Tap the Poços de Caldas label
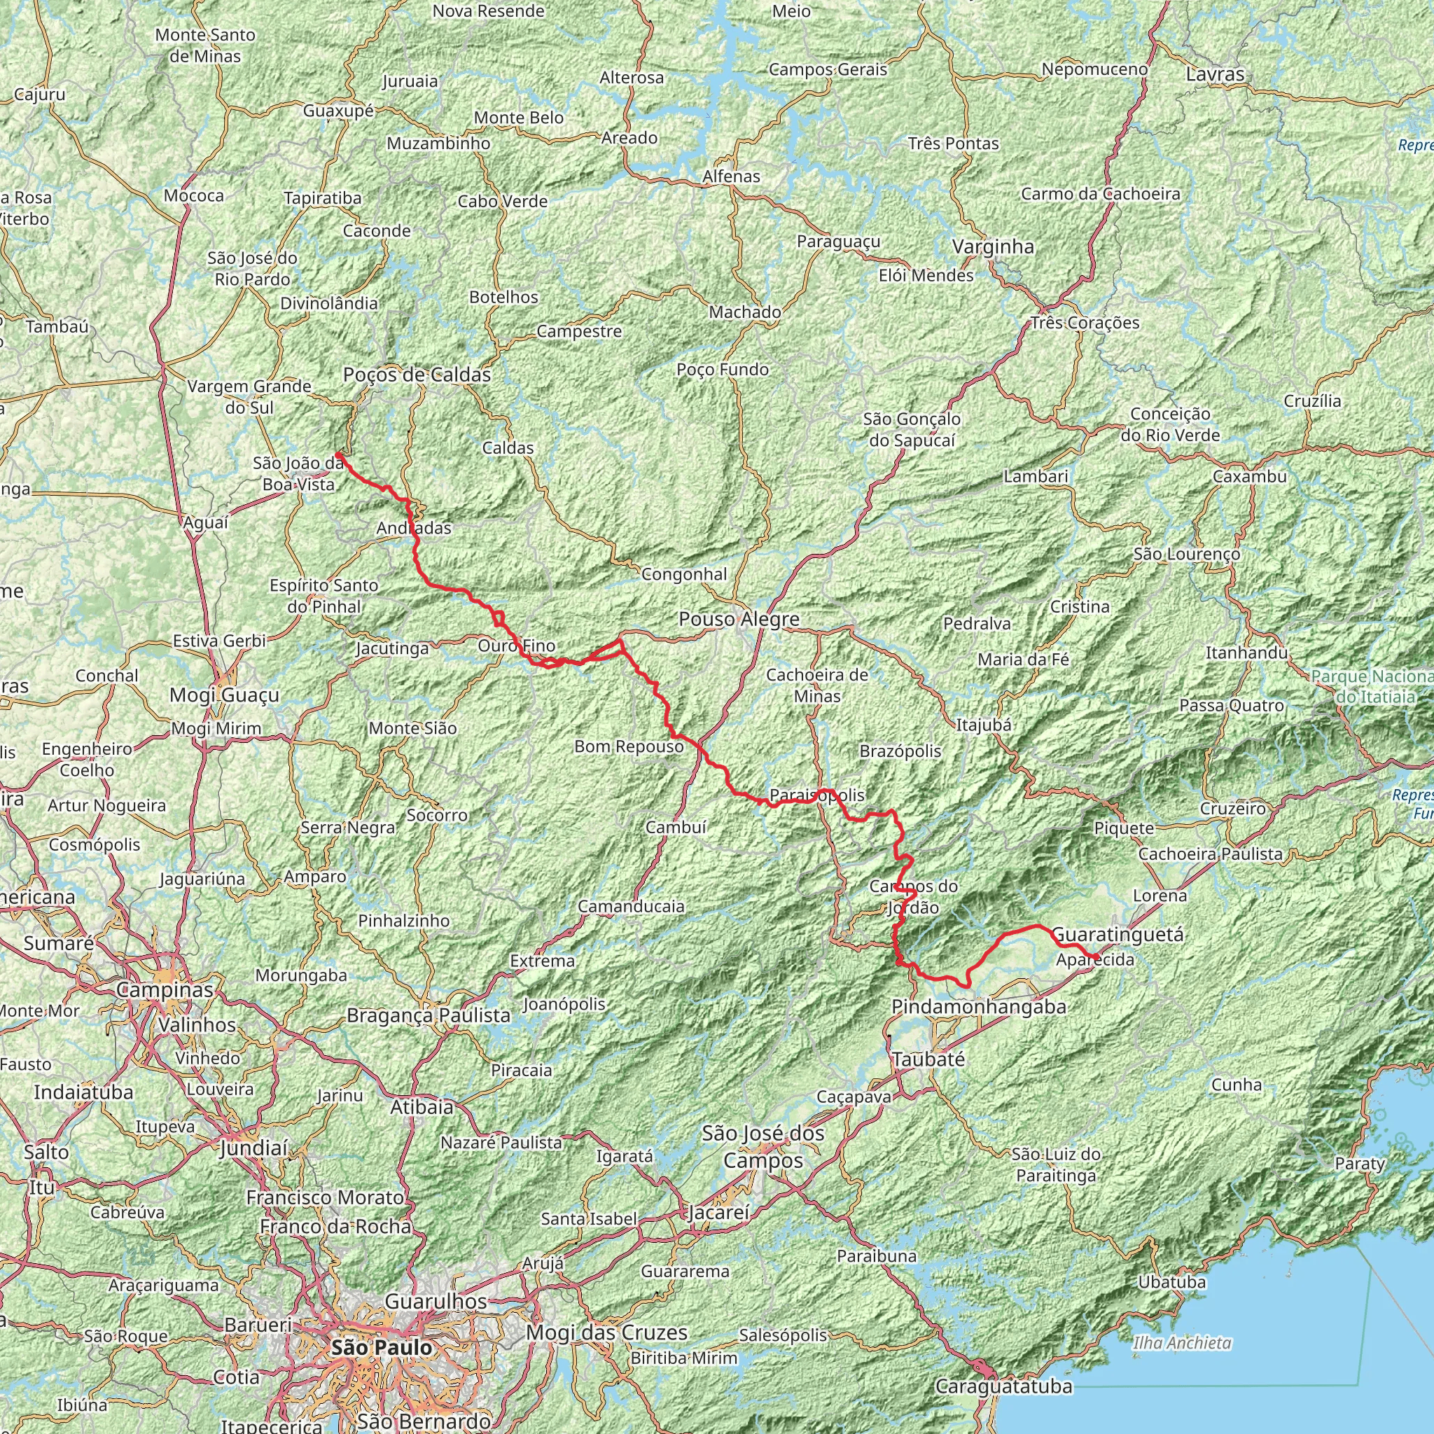[x=417, y=375]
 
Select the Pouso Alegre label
[x=739, y=619]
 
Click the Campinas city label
[x=165, y=989]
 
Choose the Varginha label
[x=992, y=247]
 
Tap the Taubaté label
[x=928, y=1059]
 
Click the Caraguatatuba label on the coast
[x=1003, y=1386]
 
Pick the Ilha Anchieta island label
[x=1182, y=1343]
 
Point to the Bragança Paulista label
[x=429, y=1015]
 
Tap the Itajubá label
[x=984, y=725]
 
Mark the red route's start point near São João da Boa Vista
[x=337, y=454]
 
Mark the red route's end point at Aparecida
[x=1097, y=956]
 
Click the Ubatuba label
[x=1172, y=1282]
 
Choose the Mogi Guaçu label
[x=224, y=695]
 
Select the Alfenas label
[x=732, y=176]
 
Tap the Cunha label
[x=1236, y=1085]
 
